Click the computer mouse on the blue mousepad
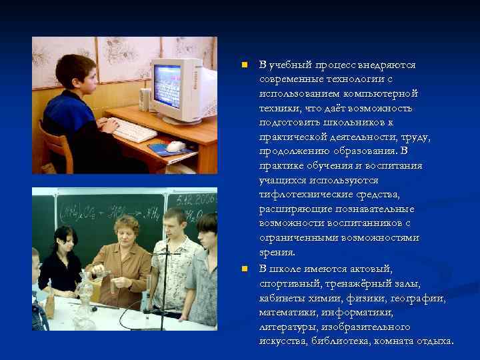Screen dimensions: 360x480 click(175, 146)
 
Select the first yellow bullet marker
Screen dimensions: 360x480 click(245, 65)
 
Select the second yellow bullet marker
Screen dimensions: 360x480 click(245, 269)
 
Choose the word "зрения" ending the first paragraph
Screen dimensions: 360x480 click(276, 253)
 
